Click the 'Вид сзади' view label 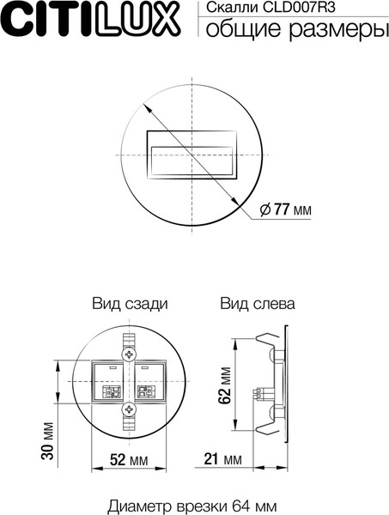coord(129,304)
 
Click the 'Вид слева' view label coord(258,304)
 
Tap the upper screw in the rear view coord(129,353)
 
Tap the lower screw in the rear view coord(129,410)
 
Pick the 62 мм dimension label coord(225,385)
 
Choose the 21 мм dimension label coord(222,460)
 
